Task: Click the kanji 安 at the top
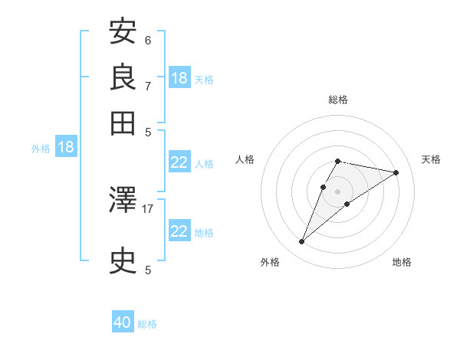(x=123, y=32)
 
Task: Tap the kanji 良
(x=123, y=77)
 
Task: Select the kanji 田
(x=123, y=122)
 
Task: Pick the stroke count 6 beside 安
(x=147, y=41)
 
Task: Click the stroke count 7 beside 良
(x=147, y=86)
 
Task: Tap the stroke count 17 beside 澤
(x=148, y=208)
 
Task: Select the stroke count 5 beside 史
(x=147, y=270)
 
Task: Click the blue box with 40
(x=123, y=322)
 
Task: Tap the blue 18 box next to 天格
(x=179, y=78)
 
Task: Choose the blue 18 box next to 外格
(x=65, y=147)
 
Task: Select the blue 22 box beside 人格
(x=179, y=162)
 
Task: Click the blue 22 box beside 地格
(x=179, y=231)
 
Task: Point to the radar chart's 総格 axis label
(x=338, y=100)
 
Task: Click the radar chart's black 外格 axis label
(x=269, y=263)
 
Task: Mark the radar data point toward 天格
(x=396, y=173)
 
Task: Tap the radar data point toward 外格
(x=302, y=242)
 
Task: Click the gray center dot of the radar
(x=338, y=191)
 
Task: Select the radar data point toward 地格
(x=347, y=204)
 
